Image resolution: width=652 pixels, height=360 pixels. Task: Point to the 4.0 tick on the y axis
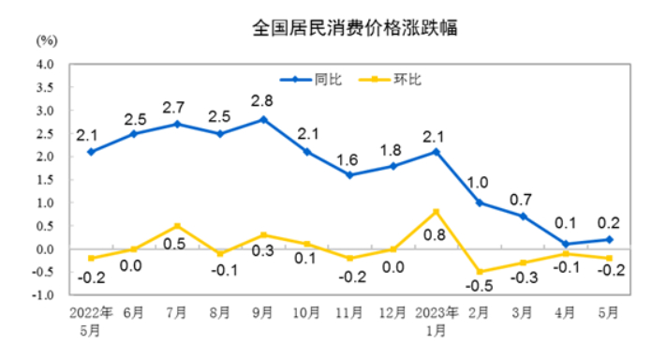[45, 65]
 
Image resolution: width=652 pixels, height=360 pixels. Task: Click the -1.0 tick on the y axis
[43, 294]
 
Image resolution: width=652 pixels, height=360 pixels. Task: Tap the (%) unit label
[47, 40]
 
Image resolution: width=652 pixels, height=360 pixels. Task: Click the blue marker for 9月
[263, 120]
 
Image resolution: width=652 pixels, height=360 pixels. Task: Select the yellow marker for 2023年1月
[436, 212]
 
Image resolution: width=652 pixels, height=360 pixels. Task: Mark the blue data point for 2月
[479, 202]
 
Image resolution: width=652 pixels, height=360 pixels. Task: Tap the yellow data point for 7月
[177, 226]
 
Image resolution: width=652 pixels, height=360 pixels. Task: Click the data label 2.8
[262, 99]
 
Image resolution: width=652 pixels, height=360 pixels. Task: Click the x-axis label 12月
[392, 312]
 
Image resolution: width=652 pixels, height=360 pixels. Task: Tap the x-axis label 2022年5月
[91, 319]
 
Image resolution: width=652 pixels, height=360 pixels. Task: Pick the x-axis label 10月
[305, 312]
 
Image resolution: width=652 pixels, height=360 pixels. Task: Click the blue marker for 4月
[565, 244]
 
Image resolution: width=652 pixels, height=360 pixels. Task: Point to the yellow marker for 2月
[479, 272]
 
